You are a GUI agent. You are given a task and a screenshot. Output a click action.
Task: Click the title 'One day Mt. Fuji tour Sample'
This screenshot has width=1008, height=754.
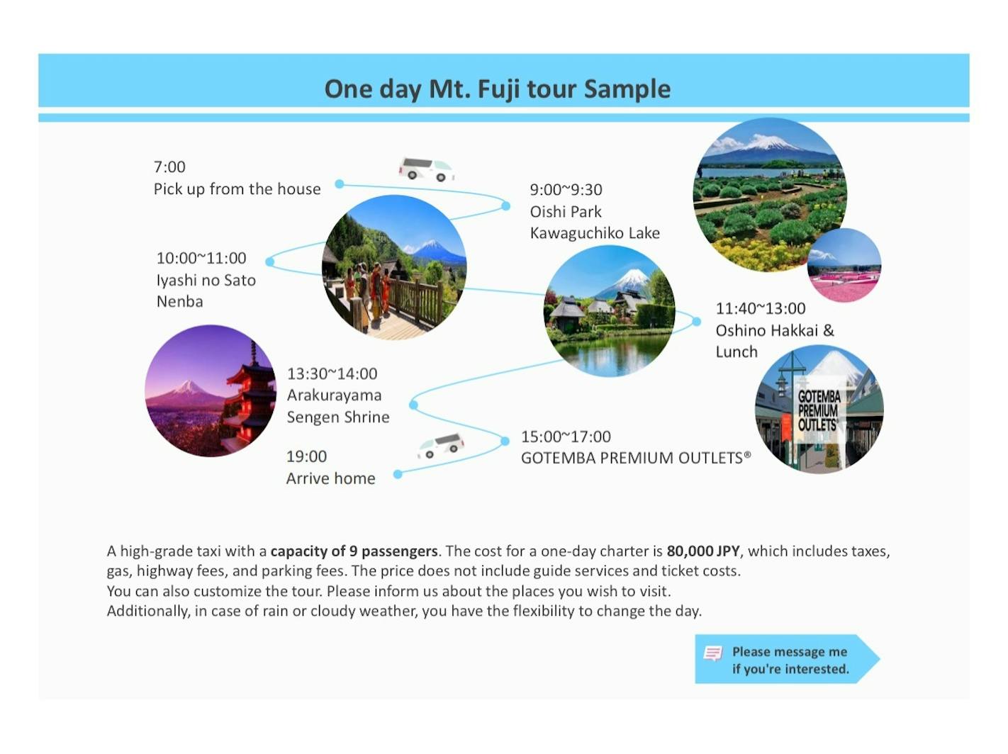(x=497, y=89)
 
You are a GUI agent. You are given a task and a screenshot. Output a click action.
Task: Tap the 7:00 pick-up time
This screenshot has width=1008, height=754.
(x=169, y=167)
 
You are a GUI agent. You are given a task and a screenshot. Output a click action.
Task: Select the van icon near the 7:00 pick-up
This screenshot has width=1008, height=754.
(x=427, y=169)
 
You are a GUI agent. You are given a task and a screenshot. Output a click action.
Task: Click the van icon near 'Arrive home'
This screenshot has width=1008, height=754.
(x=441, y=446)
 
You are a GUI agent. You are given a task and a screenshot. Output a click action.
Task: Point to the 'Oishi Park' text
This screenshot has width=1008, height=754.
(x=565, y=212)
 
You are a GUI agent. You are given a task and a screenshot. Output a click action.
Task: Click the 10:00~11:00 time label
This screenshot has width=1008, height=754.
(x=201, y=258)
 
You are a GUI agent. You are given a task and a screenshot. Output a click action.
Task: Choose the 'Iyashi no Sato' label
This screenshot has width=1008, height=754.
(x=206, y=280)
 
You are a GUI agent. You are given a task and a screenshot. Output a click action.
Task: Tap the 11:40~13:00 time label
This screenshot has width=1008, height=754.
(x=760, y=308)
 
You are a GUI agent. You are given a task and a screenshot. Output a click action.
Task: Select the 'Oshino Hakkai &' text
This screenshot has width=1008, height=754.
(x=775, y=330)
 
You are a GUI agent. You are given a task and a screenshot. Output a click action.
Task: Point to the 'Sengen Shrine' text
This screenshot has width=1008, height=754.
(x=338, y=417)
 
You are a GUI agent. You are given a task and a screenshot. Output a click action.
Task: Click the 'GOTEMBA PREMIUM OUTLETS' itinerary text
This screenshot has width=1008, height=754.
(x=636, y=458)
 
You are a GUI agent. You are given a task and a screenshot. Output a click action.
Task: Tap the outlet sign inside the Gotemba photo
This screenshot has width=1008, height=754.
(x=819, y=410)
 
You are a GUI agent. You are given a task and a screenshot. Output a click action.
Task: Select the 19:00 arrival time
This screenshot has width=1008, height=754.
(x=306, y=456)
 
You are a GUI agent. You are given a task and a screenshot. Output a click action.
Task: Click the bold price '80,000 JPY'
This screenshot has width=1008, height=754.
(x=703, y=551)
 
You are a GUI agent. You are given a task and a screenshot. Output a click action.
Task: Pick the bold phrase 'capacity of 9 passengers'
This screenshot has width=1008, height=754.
(x=354, y=551)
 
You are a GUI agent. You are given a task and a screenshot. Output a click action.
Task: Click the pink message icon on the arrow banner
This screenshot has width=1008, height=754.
(x=712, y=653)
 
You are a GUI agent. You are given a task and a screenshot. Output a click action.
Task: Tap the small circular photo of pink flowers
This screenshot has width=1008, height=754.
(x=844, y=265)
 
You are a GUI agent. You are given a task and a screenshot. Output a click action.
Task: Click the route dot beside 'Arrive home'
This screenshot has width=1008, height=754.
(x=398, y=475)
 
